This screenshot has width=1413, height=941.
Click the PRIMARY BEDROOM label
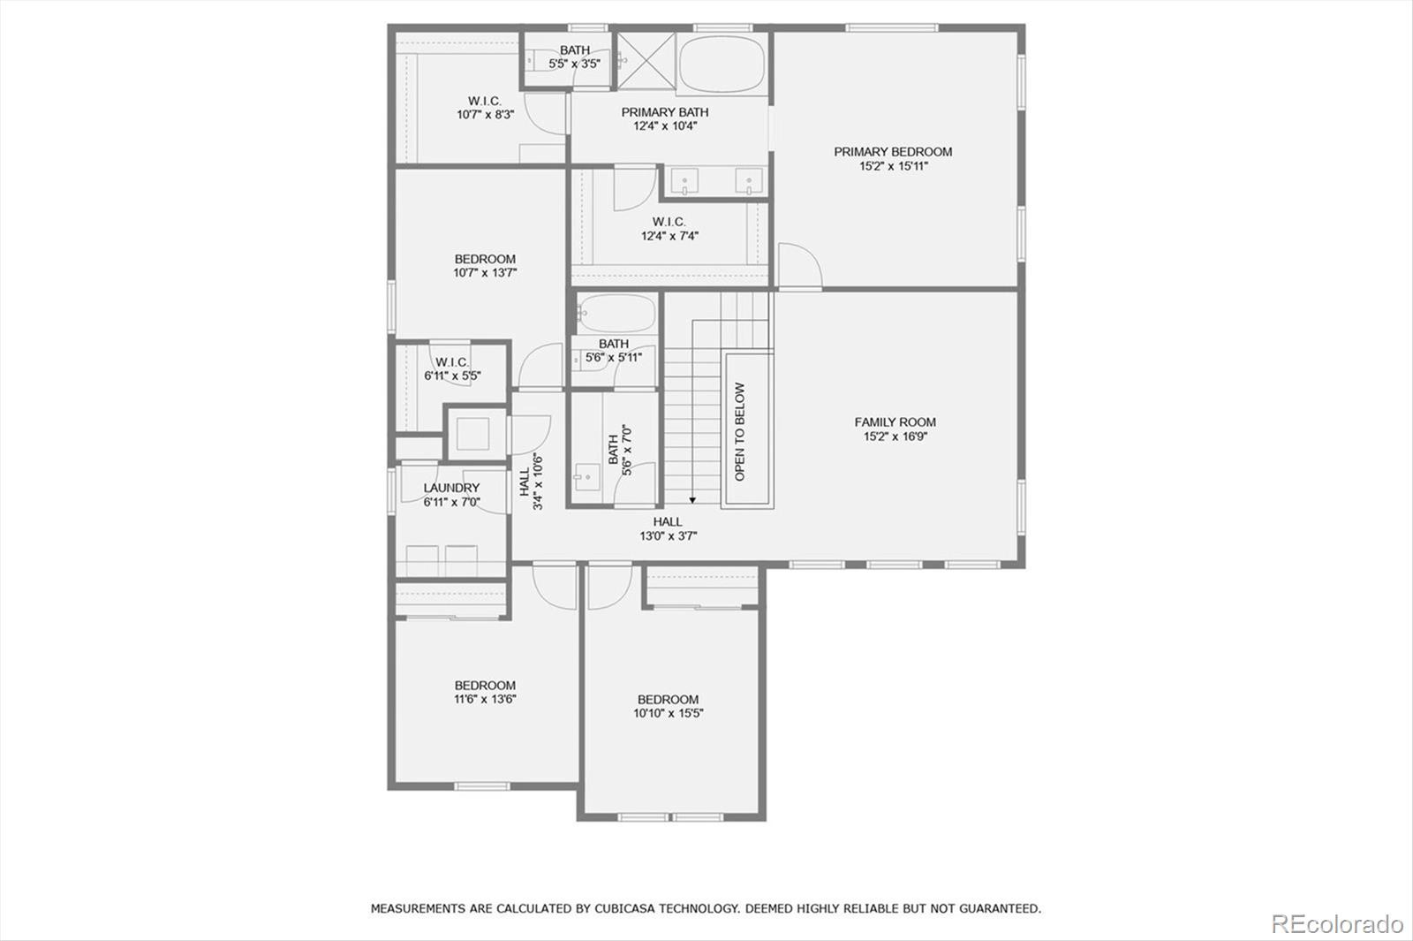click(893, 152)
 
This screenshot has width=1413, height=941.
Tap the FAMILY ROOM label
click(895, 422)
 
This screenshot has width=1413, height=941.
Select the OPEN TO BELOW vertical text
click(740, 431)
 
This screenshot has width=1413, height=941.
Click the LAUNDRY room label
click(451, 488)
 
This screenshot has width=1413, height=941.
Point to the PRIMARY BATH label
click(665, 112)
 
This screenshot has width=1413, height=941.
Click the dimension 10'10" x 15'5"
click(669, 713)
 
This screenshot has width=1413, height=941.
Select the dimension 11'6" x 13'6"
click(485, 699)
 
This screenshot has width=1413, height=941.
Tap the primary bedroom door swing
click(800, 265)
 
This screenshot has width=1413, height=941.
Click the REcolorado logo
click(1336, 924)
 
